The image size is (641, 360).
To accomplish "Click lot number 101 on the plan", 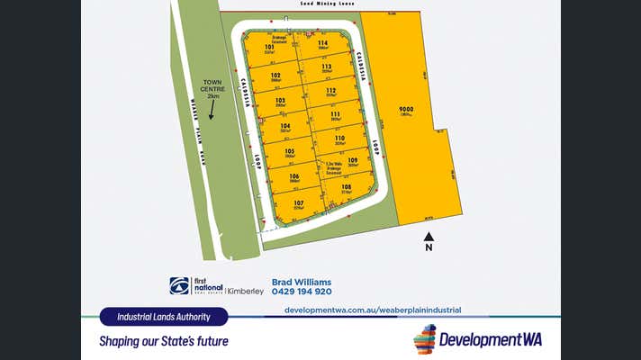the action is (269, 46).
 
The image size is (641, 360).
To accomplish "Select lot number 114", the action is (322, 43).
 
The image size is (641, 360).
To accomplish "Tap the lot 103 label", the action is (280, 100).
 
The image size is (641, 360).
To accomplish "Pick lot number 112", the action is (331, 90).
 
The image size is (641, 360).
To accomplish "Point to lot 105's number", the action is (290, 151).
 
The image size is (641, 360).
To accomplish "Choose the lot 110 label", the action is (339, 139).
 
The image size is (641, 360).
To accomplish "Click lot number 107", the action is (298, 203).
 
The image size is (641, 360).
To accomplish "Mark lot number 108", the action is (347, 186).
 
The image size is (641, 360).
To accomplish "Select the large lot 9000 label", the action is (406, 110).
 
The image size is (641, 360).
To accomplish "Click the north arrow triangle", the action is (429, 235).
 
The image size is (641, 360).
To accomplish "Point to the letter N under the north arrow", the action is (429, 247).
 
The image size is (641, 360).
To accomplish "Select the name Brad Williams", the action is (301, 281).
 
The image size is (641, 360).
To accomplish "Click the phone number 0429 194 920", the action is (302, 292).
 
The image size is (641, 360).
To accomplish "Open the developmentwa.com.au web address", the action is (372, 310).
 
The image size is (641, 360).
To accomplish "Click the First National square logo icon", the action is (180, 286).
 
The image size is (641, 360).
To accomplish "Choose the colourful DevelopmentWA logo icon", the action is (424, 339).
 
